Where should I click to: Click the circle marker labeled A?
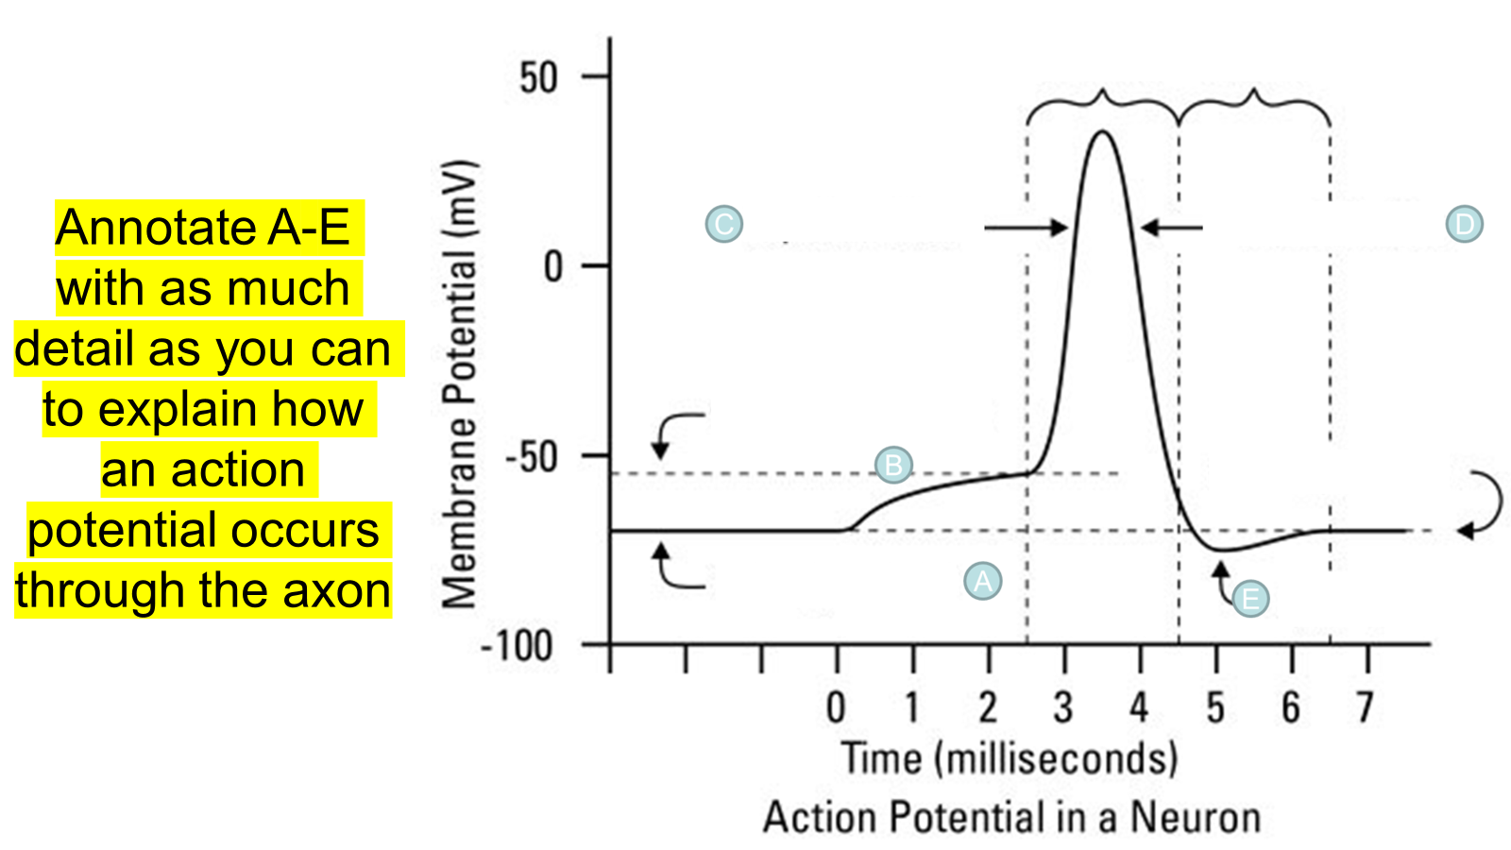pyautogui.click(x=982, y=581)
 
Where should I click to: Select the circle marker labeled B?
pyautogui.click(x=893, y=465)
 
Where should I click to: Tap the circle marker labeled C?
pyautogui.click(x=724, y=224)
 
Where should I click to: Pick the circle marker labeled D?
pyautogui.click(x=1464, y=224)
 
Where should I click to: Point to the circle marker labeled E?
pyautogui.click(x=1250, y=598)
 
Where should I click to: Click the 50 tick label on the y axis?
pyautogui.click(x=538, y=77)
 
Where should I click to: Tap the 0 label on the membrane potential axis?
pyautogui.click(x=553, y=267)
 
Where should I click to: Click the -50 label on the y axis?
pyautogui.click(x=532, y=458)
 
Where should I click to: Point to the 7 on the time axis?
pyautogui.click(x=1365, y=707)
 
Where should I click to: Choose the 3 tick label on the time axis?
pyautogui.click(x=1063, y=707)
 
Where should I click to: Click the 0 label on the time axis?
pyautogui.click(x=836, y=707)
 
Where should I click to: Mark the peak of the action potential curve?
pyautogui.click(x=1102, y=131)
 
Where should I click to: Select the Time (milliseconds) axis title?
pyautogui.click(x=1010, y=758)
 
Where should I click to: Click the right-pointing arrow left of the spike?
pyautogui.click(x=1026, y=227)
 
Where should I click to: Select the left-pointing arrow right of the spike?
pyautogui.click(x=1171, y=227)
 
